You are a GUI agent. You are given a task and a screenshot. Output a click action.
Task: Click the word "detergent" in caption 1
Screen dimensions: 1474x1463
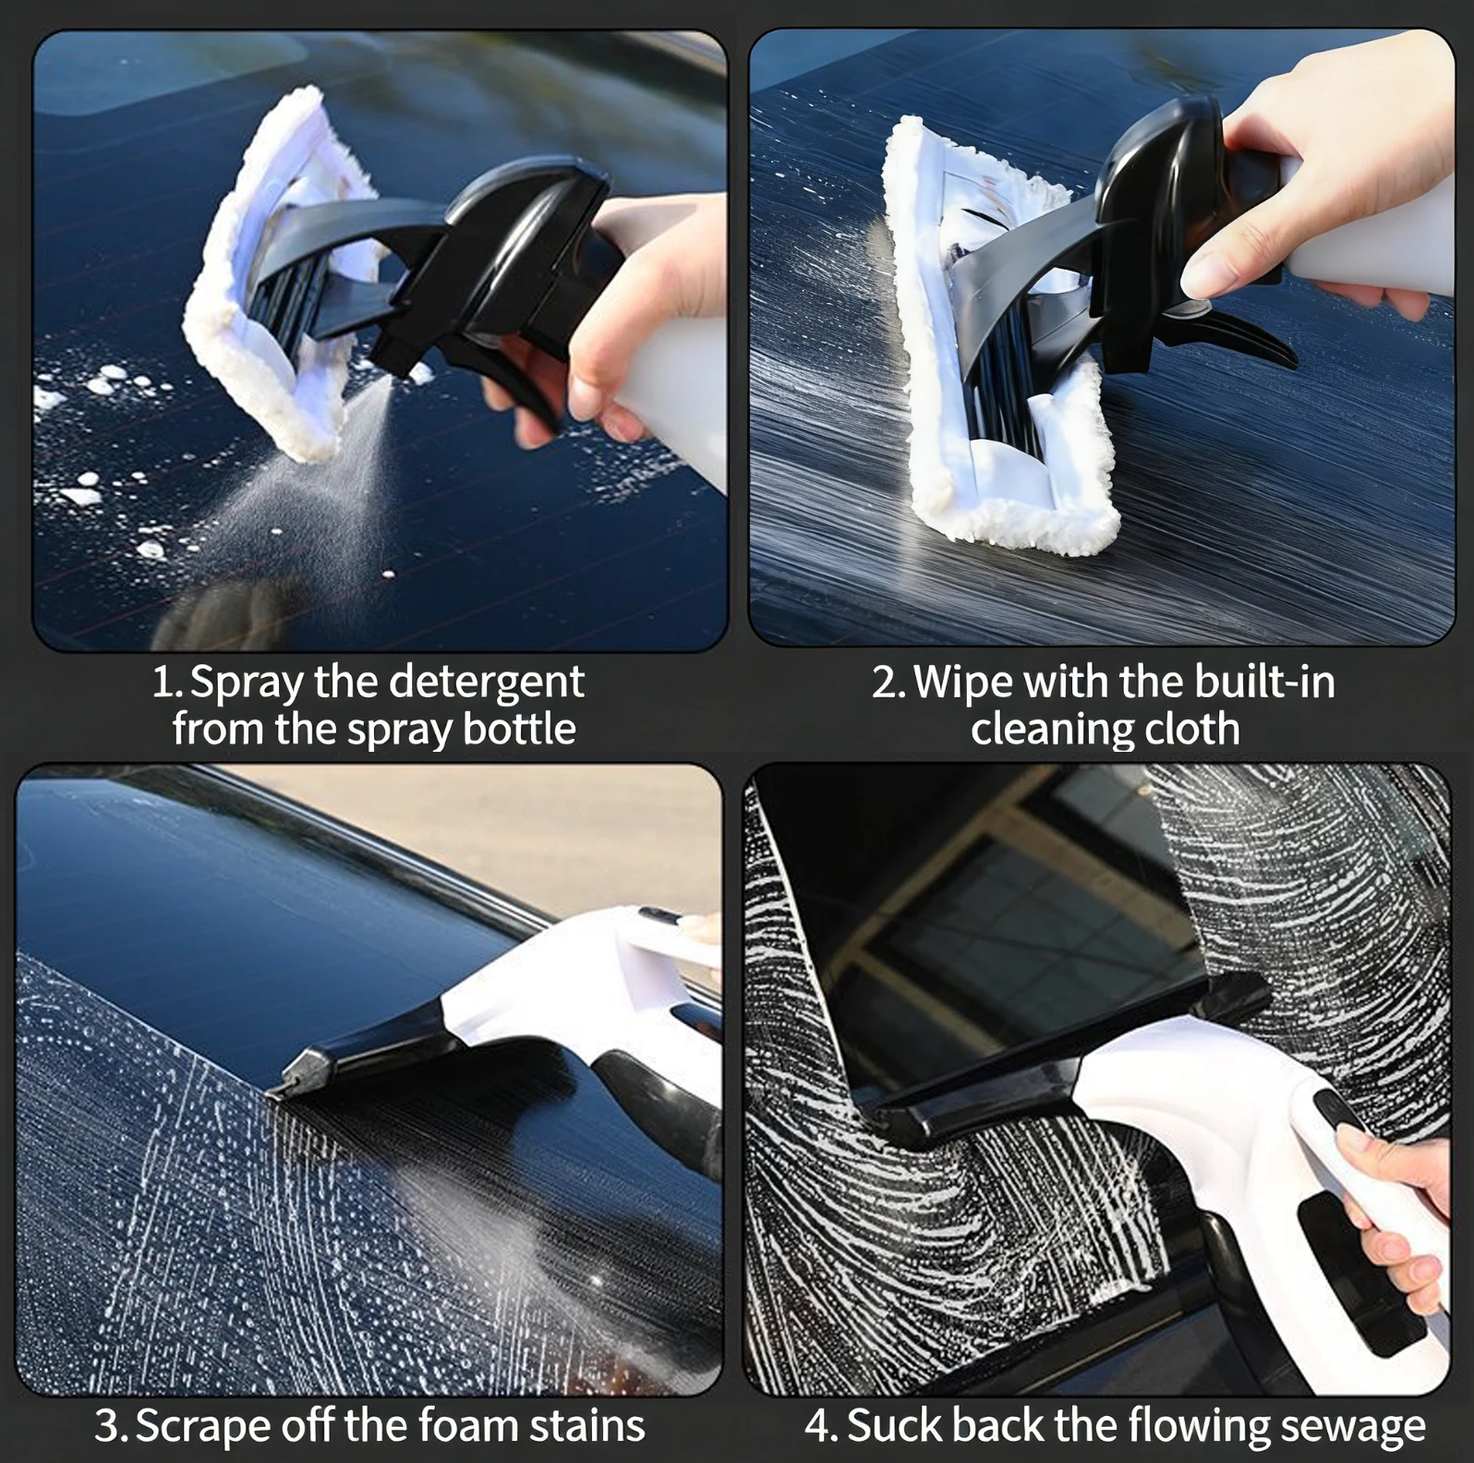tap(485, 683)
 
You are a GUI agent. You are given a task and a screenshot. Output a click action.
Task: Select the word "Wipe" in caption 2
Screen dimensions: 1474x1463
tap(963, 683)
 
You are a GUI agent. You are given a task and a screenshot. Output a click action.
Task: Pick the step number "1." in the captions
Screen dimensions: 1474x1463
tap(167, 683)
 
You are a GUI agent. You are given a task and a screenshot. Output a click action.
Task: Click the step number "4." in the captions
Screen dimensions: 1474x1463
tap(821, 1425)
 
